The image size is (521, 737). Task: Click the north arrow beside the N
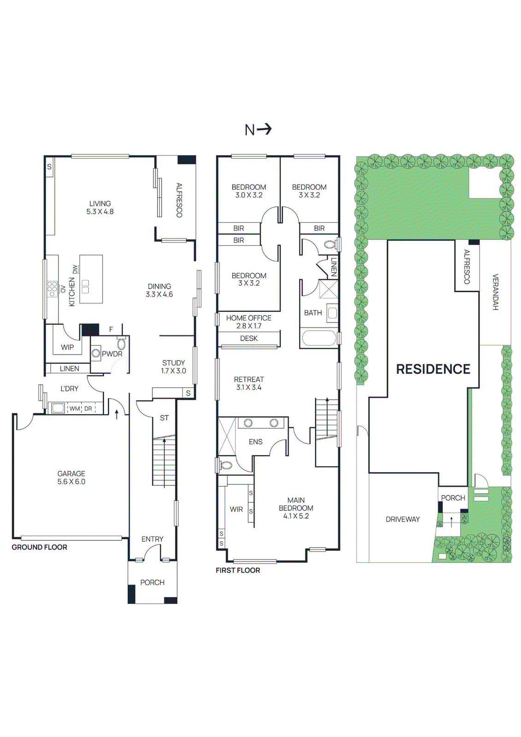264,129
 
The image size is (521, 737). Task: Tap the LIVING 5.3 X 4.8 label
100,208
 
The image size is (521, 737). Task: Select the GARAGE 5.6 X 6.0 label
71,478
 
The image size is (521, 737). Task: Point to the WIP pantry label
67,347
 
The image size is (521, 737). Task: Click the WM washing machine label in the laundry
74,409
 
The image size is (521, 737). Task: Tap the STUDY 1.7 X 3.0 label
173,367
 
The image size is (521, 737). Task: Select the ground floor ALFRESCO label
179,200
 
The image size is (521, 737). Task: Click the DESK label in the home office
249,339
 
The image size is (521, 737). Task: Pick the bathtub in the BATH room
318,339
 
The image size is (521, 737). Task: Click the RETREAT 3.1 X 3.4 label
249,383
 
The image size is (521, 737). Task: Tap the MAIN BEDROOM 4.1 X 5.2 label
296,508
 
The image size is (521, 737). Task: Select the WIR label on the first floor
236,509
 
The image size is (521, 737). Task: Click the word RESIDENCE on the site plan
433,369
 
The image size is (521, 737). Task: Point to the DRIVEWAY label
403,519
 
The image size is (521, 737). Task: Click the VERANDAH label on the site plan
496,292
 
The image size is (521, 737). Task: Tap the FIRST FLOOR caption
238,570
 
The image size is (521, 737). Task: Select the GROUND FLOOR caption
40,547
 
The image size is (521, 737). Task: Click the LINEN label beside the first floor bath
334,266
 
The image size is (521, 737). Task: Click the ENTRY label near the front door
152,539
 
